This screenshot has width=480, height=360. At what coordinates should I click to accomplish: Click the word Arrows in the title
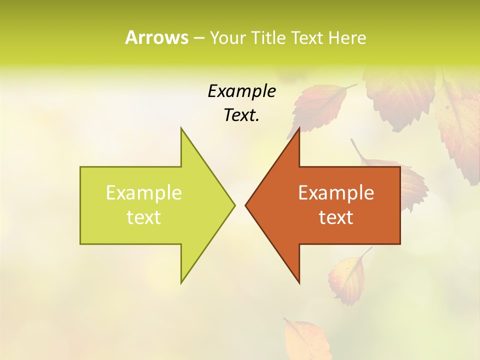tap(156, 37)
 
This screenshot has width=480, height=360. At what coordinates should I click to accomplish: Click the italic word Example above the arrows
tap(241, 91)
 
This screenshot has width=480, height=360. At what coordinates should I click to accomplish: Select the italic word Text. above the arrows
tap(241, 115)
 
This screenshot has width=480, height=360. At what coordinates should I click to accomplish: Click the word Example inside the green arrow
tap(143, 193)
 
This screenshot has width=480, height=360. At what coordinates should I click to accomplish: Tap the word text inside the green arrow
tap(143, 217)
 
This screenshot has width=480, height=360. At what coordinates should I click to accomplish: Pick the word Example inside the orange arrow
tap(336, 193)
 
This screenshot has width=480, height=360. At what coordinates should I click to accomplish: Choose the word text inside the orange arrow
tap(336, 217)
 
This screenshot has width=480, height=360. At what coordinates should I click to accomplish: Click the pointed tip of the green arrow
tap(234, 204)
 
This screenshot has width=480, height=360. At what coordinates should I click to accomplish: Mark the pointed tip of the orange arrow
tap(246, 204)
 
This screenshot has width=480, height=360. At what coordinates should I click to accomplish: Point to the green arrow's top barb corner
tap(181, 128)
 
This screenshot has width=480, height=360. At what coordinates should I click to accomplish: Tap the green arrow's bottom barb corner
tap(181, 282)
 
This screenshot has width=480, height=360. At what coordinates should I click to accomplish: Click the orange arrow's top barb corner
tap(299, 128)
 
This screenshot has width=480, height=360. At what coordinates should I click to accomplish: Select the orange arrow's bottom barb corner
tap(299, 282)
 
